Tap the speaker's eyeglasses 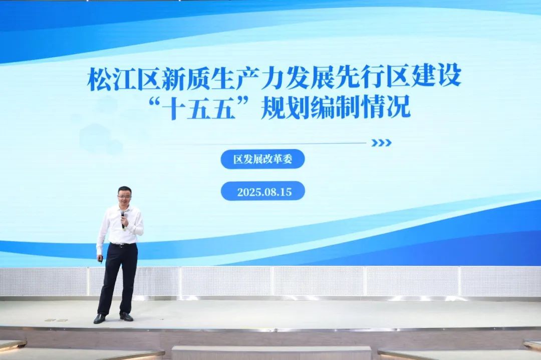tap(123, 196)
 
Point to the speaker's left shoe tap(126, 316)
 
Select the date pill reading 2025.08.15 tap(263, 191)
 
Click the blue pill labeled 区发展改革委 tap(263, 159)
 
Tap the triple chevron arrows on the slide tap(381, 143)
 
